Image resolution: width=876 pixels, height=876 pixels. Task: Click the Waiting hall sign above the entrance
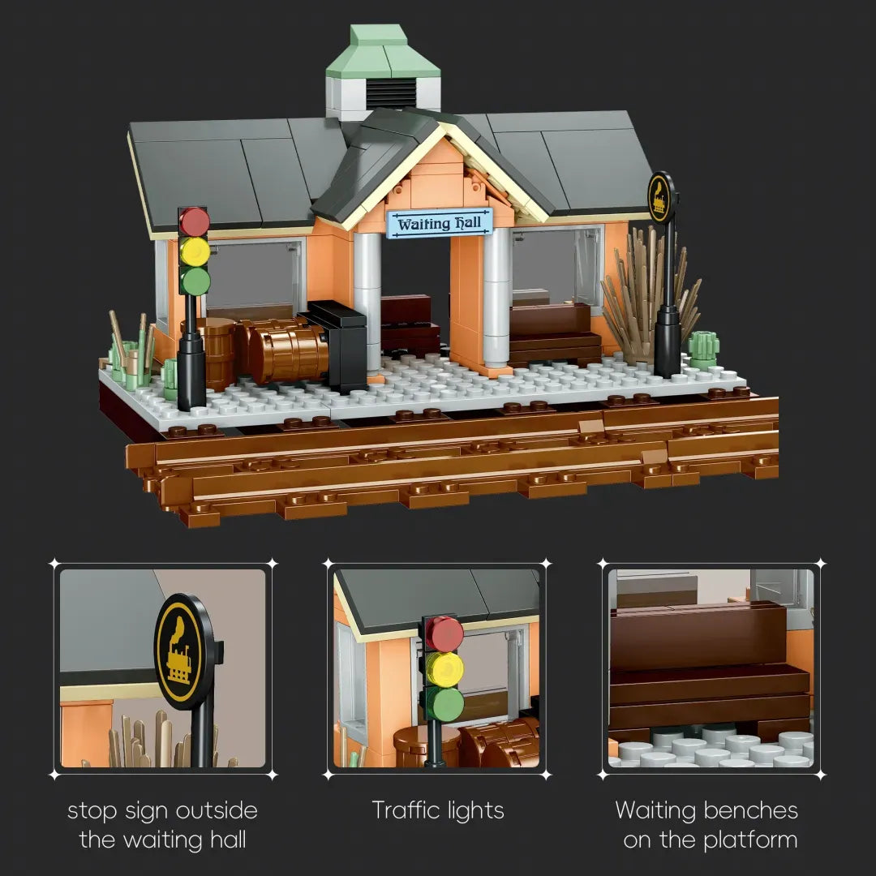tap(440, 222)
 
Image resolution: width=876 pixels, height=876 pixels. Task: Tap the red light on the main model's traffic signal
tap(195, 221)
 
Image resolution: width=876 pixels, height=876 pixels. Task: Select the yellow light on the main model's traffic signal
tap(195, 251)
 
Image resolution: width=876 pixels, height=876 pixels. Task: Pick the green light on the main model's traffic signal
tap(195, 281)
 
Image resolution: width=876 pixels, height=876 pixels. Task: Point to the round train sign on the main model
tap(662, 197)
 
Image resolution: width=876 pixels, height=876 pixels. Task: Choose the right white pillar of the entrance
tap(496, 297)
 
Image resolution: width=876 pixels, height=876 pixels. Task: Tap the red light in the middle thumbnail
tap(444, 633)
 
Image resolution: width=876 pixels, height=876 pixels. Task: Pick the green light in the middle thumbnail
tap(444, 704)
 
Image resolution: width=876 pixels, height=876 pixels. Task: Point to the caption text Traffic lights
tap(438, 809)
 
